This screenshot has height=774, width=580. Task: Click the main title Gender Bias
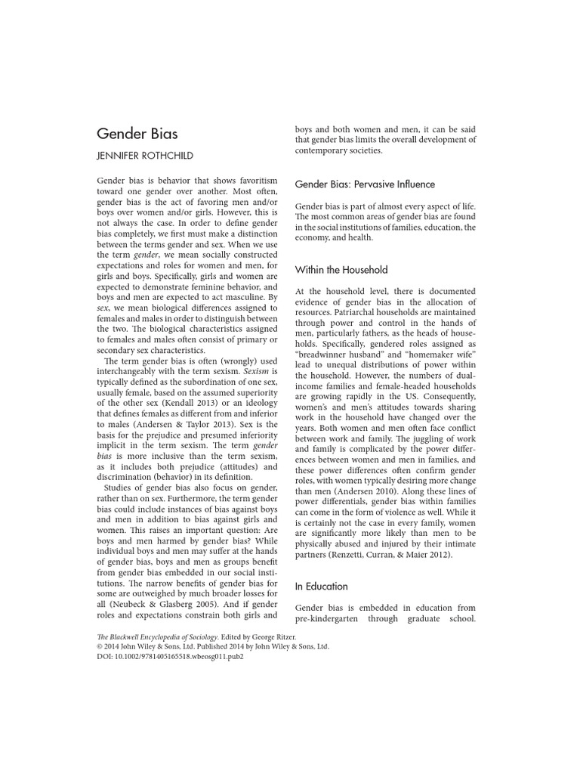(x=137, y=134)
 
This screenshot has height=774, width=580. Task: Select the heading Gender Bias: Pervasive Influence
(x=365, y=184)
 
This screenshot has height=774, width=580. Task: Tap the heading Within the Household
(x=341, y=269)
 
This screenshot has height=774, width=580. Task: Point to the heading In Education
(x=322, y=586)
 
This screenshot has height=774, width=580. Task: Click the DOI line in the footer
(x=171, y=657)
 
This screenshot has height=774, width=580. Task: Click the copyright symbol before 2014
(x=100, y=647)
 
